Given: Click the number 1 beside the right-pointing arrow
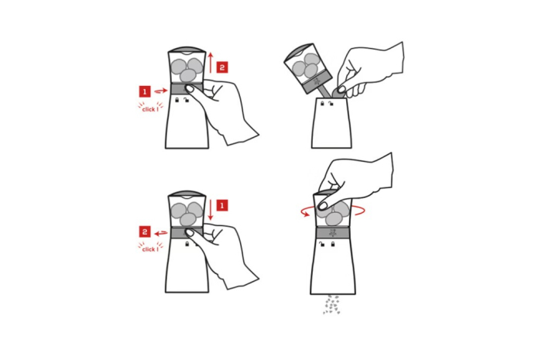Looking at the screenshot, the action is pyautogui.click(x=145, y=91).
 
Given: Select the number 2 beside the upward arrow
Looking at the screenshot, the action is pyautogui.click(x=222, y=67).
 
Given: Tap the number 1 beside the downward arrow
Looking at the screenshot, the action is pyautogui.click(x=222, y=206).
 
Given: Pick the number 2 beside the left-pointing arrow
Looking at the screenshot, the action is pyautogui.click(x=145, y=231).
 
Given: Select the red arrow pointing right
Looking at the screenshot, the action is pyautogui.click(x=161, y=91).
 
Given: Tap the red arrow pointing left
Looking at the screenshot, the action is pyautogui.click(x=161, y=234).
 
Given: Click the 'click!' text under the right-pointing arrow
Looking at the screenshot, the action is pyautogui.click(x=150, y=109).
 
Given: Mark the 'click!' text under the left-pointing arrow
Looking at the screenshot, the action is pyautogui.click(x=150, y=249).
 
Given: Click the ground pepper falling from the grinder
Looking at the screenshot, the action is pyautogui.click(x=332, y=304).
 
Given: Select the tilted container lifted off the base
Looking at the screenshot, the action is pyautogui.click(x=306, y=69).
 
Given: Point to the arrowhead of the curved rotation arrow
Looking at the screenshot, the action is pyautogui.click(x=306, y=214).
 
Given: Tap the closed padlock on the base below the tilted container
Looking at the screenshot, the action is pyautogui.click(x=322, y=103).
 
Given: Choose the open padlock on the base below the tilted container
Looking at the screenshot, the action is pyautogui.click(x=331, y=103).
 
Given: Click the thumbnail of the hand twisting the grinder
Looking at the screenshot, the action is pyautogui.click(x=323, y=206).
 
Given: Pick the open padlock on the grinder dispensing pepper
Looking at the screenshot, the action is pyautogui.click(x=322, y=245).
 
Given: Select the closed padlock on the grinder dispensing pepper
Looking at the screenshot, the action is pyautogui.click(x=333, y=245).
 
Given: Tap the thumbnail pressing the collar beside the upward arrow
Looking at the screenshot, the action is pyautogui.click(x=190, y=89).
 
